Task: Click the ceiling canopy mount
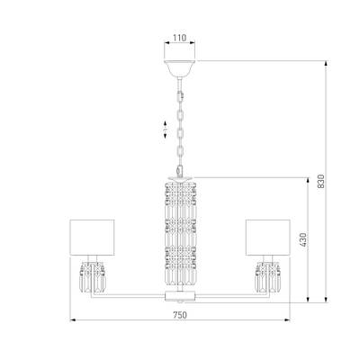click(180, 66)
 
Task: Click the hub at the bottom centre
click(180, 294)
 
